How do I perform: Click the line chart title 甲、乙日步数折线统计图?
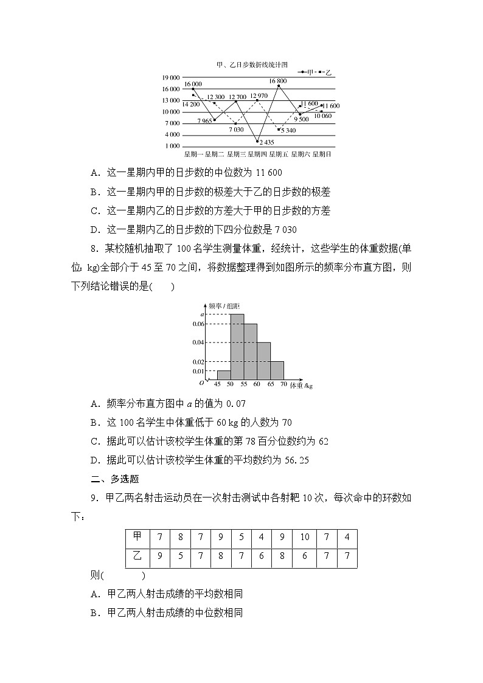[x=252, y=64]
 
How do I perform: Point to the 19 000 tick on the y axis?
[x=171, y=78]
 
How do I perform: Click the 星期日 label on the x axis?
[x=322, y=154]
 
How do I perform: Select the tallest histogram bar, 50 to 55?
[x=237, y=347]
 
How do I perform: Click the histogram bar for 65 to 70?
[x=277, y=370]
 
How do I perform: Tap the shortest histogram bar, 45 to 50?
[x=224, y=375]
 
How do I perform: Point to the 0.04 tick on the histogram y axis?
[x=198, y=342]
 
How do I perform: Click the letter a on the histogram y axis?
[x=202, y=314]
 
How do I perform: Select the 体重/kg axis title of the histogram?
[x=301, y=386]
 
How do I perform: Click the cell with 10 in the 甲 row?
[x=305, y=537]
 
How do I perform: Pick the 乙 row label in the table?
[x=137, y=556]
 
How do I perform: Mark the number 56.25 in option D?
[x=297, y=460]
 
